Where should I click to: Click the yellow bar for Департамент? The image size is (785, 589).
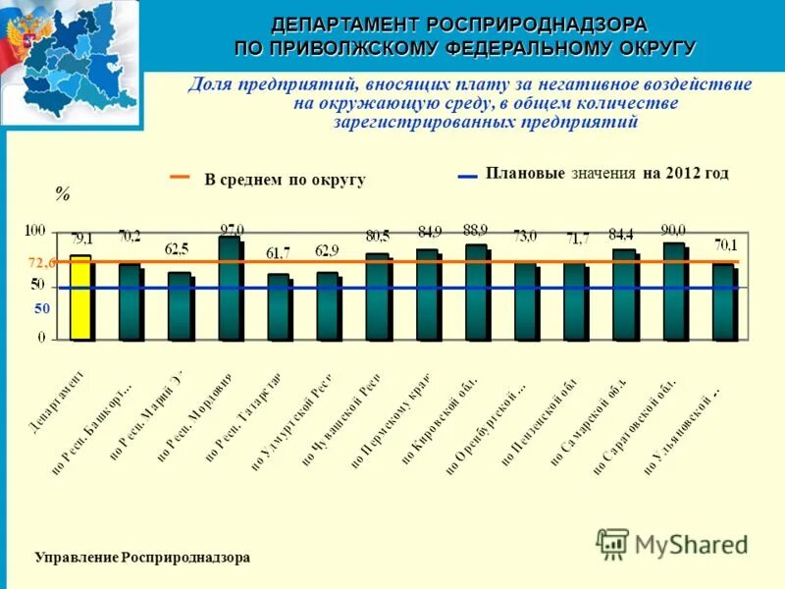[80, 298]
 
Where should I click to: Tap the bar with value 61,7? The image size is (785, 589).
[279, 306]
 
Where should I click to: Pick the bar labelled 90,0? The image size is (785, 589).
[674, 292]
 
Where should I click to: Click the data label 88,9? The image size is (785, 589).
[476, 231]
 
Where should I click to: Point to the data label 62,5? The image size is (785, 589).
[180, 249]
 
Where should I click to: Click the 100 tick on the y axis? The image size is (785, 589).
[35, 231]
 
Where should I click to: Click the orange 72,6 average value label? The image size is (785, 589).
[41, 263]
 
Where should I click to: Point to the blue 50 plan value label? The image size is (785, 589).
[42, 308]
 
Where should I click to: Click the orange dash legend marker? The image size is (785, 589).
[181, 178]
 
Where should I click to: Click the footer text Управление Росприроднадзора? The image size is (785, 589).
[142, 557]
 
